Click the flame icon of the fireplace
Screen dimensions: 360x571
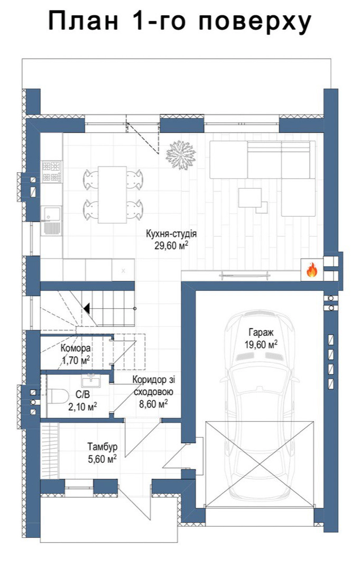click(311, 270)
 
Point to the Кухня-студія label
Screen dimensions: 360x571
click(171, 234)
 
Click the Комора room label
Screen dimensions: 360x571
click(76, 348)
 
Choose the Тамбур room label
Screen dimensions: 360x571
click(102, 446)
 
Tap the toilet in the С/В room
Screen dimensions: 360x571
click(58, 397)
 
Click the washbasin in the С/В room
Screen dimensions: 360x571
click(91, 381)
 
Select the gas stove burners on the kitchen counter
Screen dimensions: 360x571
click(51, 171)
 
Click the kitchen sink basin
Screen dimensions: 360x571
click(51, 214)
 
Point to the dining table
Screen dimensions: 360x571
click(113, 195)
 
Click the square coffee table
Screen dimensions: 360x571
click(250, 198)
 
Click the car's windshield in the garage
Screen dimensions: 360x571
click(260, 355)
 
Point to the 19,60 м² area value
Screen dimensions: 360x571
click(261, 345)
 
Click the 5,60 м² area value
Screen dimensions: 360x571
click(102, 458)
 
